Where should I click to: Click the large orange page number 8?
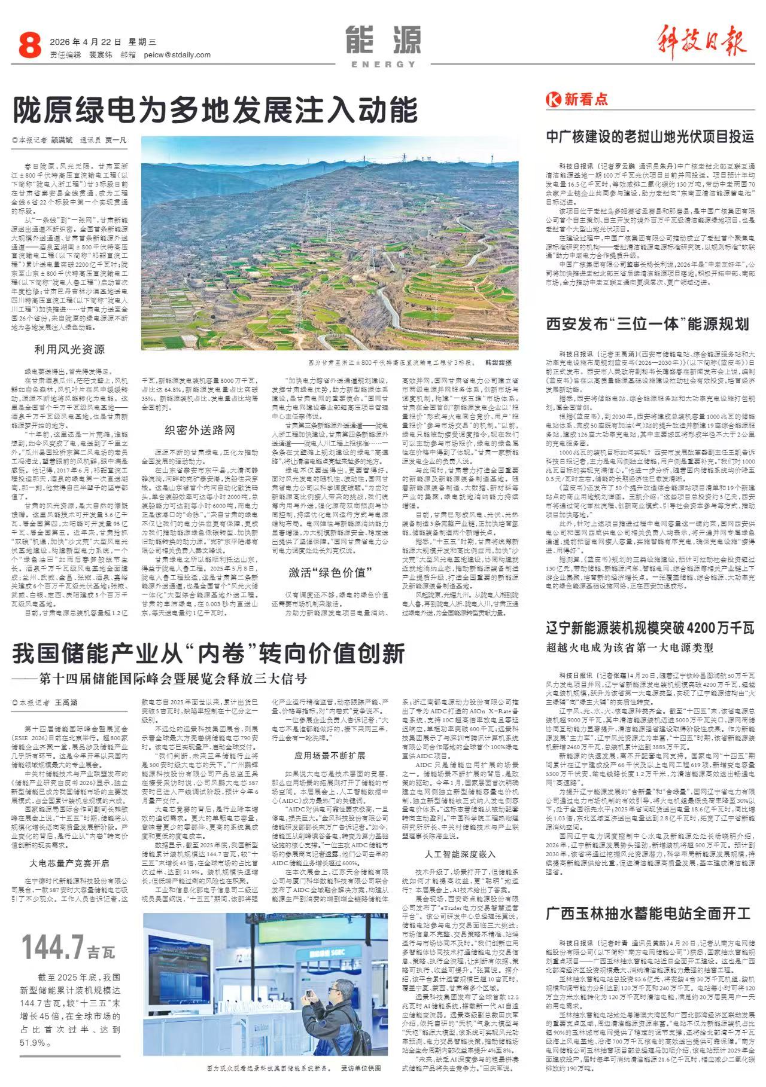click(x=29, y=46)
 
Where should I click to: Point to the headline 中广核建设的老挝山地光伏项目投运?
click(x=649, y=136)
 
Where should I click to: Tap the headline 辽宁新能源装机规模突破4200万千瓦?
click(x=649, y=628)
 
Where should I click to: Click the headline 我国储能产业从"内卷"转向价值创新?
click(x=209, y=654)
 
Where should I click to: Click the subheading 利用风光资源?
click(x=69, y=349)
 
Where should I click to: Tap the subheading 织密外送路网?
click(x=200, y=430)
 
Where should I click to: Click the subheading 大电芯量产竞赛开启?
click(x=69, y=863)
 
